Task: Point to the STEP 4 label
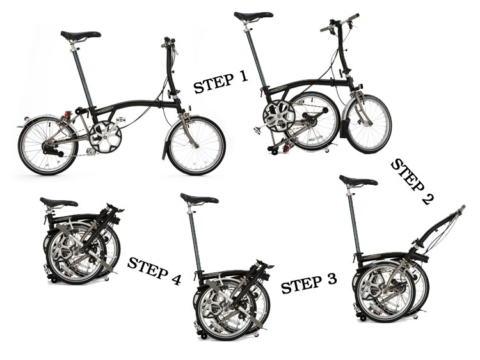click(x=154, y=270)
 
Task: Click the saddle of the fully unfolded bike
click(x=81, y=35)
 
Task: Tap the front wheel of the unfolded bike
click(x=196, y=145)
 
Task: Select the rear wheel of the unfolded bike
click(x=47, y=145)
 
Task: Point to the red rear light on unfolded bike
click(x=67, y=115)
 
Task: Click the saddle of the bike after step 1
click(x=253, y=16)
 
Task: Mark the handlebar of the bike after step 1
click(x=339, y=24)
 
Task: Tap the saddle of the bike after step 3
click(x=199, y=199)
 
